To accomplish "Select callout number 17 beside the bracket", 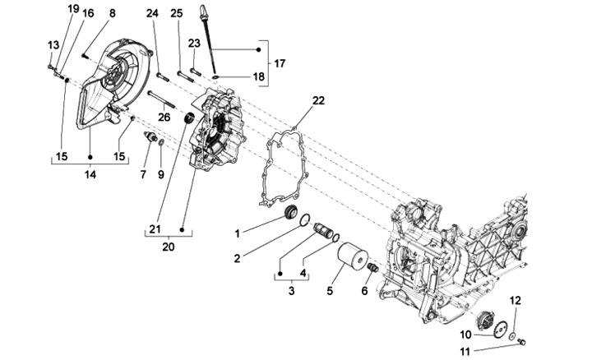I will point(280,63).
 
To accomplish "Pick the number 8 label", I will point(113,13).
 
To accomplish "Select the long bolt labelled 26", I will point(164,102).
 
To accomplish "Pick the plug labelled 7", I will point(150,138).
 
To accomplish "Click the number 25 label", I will point(176,13).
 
